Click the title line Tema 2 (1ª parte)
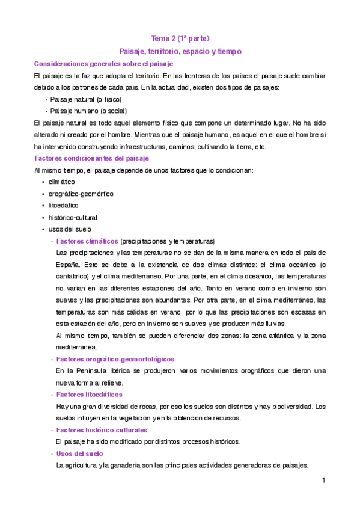coord(180,39)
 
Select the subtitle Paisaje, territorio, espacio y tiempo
coord(180,52)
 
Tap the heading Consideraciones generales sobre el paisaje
coord(103,64)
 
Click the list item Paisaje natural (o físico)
coord(85,99)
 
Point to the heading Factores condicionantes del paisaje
coord(91,158)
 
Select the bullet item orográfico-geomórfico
coord(81,194)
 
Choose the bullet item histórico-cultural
coord(73,217)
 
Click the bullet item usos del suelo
coord(67,229)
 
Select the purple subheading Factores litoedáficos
coord(89,395)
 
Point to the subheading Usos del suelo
coord(80,453)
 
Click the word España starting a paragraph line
coord(67,265)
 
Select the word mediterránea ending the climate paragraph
coord(78,348)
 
